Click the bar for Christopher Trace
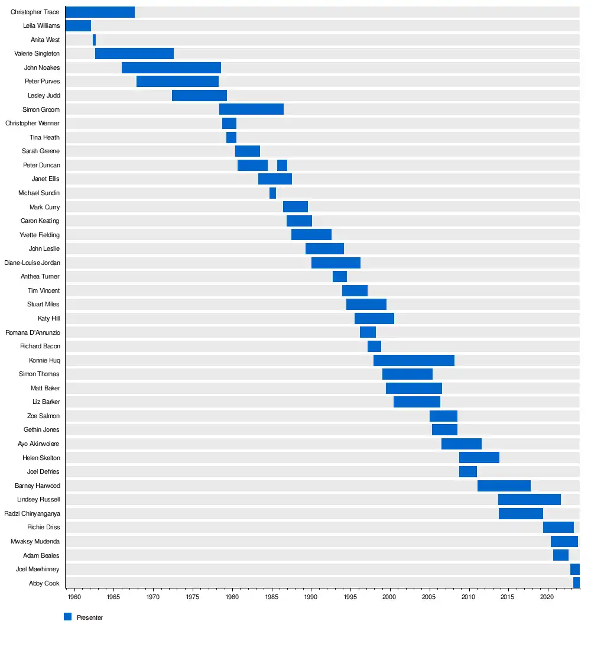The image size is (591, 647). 100,12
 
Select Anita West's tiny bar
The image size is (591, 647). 94,40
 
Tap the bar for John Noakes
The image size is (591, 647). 171,67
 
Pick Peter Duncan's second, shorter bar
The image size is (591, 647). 282,165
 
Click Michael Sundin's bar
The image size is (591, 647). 272,193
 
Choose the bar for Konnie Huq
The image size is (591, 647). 414,360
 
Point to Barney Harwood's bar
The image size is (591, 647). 504,486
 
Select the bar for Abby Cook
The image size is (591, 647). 576,583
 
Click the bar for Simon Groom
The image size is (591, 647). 251,109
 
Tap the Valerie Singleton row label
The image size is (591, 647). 37,54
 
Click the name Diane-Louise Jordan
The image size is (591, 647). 32,263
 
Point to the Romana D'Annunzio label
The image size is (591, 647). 33,332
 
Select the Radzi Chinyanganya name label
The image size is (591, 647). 32,513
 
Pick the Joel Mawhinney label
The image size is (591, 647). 38,569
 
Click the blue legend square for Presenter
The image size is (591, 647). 67,617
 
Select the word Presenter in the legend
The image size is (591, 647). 90,617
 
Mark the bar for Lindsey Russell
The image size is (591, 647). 529,499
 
